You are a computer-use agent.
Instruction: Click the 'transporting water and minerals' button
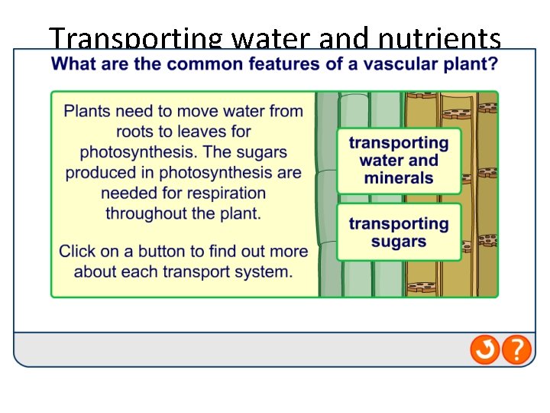point(399,161)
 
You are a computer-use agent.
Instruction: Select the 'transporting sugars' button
point(399,233)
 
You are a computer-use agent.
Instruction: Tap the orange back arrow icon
point(485,350)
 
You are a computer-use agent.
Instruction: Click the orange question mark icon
point(517,350)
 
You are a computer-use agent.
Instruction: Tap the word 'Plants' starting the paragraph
point(87,112)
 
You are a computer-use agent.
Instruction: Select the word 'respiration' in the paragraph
point(225,193)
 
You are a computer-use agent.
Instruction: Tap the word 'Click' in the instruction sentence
point(78,251)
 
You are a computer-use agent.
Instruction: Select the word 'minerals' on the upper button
point(399,179)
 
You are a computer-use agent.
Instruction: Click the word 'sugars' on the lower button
point(399,242)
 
